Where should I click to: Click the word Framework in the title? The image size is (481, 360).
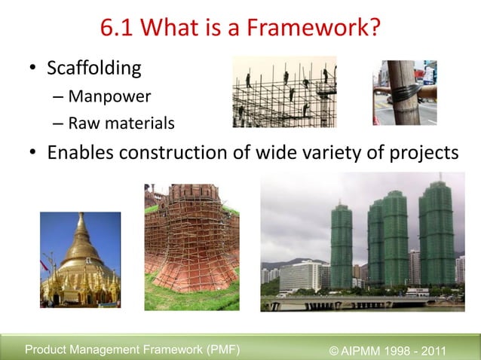tap(319, 30)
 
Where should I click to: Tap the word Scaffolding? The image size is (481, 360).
tap(94, 69)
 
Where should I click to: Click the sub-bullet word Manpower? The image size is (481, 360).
tap(109, 96)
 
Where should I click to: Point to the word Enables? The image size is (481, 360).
tap(80, 152)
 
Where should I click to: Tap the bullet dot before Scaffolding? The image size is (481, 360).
tap(34, 69)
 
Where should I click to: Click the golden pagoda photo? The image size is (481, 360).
tap(80, 259)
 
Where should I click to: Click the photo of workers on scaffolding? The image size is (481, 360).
tap(284, 92)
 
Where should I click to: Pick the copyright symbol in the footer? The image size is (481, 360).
tap(335, 349)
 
